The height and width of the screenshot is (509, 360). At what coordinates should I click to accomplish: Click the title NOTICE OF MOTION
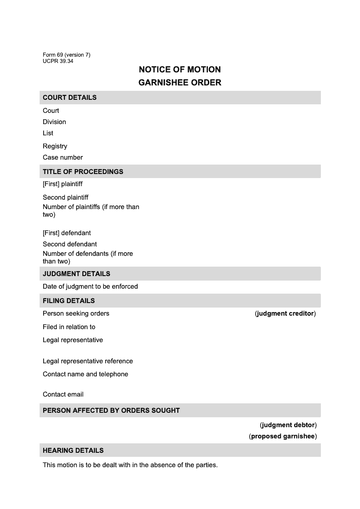pyautogui.click(x=180, y=70)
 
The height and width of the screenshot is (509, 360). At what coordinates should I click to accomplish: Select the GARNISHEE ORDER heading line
pyautogui.click(x=180, y=83)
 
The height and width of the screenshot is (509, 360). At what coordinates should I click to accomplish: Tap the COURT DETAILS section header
pyautogui.click(x=70, y=98)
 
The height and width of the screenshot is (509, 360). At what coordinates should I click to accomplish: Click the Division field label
pyautogui.click(x=54, y=122)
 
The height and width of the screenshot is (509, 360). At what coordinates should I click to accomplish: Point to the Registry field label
pyautogui.click(x=55, y=146)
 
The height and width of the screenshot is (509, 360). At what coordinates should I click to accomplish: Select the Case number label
pyautogui.click(x=63, y=157)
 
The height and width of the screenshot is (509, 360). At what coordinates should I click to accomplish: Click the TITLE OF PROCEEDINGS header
pyautogui.click(x=83, y=172)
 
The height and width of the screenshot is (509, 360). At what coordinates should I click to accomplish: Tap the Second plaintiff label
pyautogui.click(x=66, y=197)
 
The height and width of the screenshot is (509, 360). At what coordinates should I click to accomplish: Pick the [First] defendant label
pyautogui.click(x=67, y=233)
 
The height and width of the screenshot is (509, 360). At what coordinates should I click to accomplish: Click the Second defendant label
pyautogui.click(x=70, y=244)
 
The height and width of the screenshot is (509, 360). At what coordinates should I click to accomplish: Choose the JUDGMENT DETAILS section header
pyautogui.click(x=76, y=274)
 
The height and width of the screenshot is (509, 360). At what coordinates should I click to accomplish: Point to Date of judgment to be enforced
pyautogui.click(x=90, y=286)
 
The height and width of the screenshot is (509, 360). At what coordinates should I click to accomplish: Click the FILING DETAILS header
pyautogui.click(x=69, y=301)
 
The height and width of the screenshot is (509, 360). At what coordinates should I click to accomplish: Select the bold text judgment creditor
pyautogui.click(x=285, y=313)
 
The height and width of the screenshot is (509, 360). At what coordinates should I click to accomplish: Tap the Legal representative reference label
pyautogui.click(x=88, y=361)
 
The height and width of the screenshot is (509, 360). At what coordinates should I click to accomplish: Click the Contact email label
pyautogui.click(x=63, y=394)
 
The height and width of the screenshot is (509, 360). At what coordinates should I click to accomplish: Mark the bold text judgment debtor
pyautogui.click(x=288, y=425)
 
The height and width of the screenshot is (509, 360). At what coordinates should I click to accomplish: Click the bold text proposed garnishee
pyautogui.click(x=283, y=436)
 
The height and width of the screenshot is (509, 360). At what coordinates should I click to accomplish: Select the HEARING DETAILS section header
pyautogui.click(x=73, y=451)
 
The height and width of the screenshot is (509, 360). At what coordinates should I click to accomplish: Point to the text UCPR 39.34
pyautogui.click(x=58, y=61)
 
